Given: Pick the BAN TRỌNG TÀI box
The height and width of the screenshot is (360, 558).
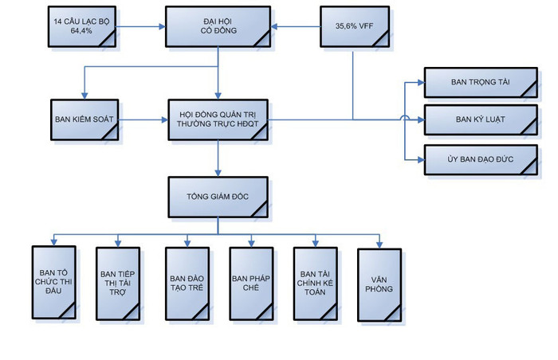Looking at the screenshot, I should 479,83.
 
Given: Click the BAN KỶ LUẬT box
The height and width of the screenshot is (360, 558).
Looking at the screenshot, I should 479,120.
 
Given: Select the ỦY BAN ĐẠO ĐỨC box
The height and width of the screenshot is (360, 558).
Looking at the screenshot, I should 479,160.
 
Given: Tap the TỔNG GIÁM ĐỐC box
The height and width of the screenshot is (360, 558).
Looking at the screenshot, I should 218,197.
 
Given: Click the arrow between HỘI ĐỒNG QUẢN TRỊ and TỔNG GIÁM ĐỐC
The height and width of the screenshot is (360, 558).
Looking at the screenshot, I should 218,159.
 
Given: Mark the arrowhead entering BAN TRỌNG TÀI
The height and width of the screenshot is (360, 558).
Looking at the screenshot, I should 419,83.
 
